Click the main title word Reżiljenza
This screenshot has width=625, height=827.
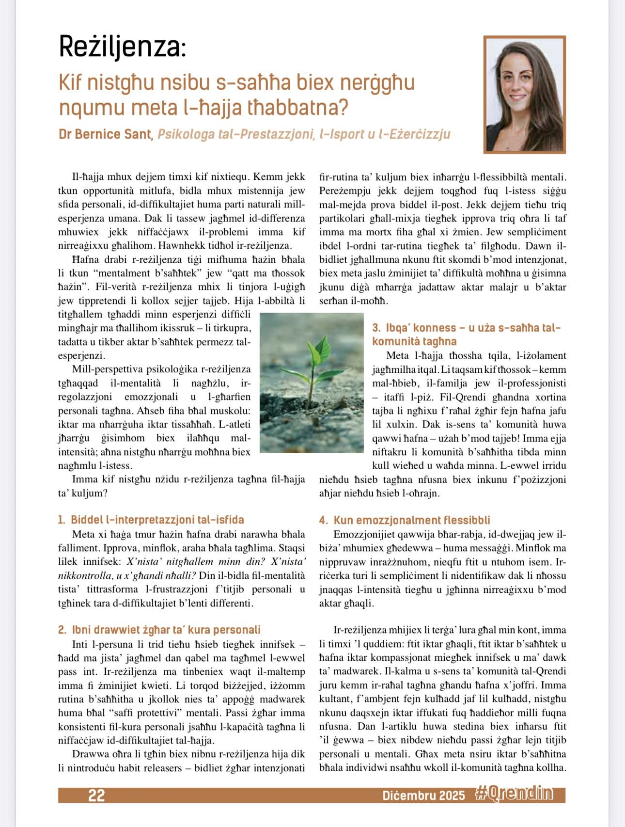(x=122, y=48)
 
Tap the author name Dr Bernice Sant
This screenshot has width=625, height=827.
(x=105, y=134)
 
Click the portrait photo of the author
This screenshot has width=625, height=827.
(x=525, y=94)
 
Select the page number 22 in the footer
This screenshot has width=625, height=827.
(x=96, y=795)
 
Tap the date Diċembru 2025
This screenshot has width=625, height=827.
(x=423, y=795)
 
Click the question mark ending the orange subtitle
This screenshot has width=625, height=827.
(x=343, y=108)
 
